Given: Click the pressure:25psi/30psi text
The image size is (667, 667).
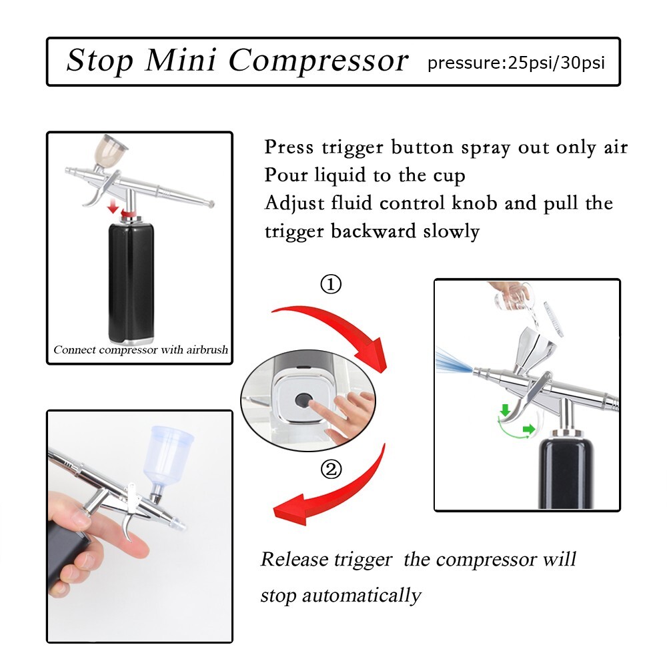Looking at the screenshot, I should (x=516, y=64).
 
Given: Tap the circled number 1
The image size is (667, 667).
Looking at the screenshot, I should (x=331, y=285).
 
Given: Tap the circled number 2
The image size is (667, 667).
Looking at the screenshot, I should (x=331, y=470).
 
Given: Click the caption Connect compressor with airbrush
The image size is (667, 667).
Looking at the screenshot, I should (x=141, y=350).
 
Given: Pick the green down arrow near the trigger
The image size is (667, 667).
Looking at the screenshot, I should (x=504, y=408).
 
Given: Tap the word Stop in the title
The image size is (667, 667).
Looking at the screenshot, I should (x=100, y=61).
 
